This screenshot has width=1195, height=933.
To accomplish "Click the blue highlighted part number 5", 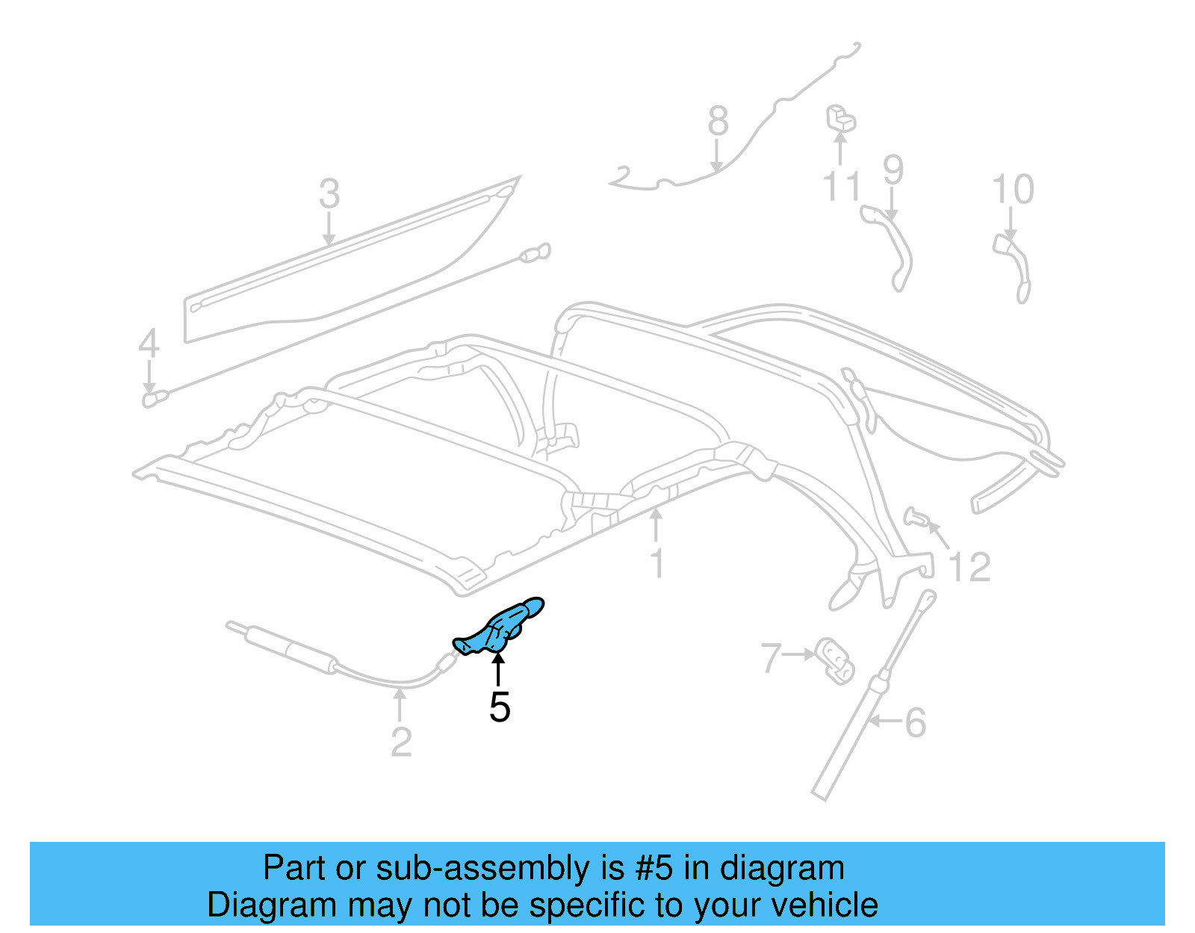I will coord(499,627).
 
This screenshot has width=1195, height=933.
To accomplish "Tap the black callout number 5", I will coord(500,707).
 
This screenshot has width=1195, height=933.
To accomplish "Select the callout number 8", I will coord(718,121).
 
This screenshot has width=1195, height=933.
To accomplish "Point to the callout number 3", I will coord(329,194).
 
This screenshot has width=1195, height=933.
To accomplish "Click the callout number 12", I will coord(969,568).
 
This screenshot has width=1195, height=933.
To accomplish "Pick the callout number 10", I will coord(1013,190).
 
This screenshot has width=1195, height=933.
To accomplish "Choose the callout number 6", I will coord(916,722).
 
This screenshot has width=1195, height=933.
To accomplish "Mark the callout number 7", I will coord(771,659).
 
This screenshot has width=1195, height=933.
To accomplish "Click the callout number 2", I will coord(401,742).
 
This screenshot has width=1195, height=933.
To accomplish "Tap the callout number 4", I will coord(149,344).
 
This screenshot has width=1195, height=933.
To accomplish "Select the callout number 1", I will coord(657,564).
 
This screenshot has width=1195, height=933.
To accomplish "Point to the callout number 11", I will coord(842,186).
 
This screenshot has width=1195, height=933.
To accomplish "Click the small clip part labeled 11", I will coord(839,118).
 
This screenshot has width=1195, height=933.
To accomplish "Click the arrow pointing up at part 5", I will coord(498,667).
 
